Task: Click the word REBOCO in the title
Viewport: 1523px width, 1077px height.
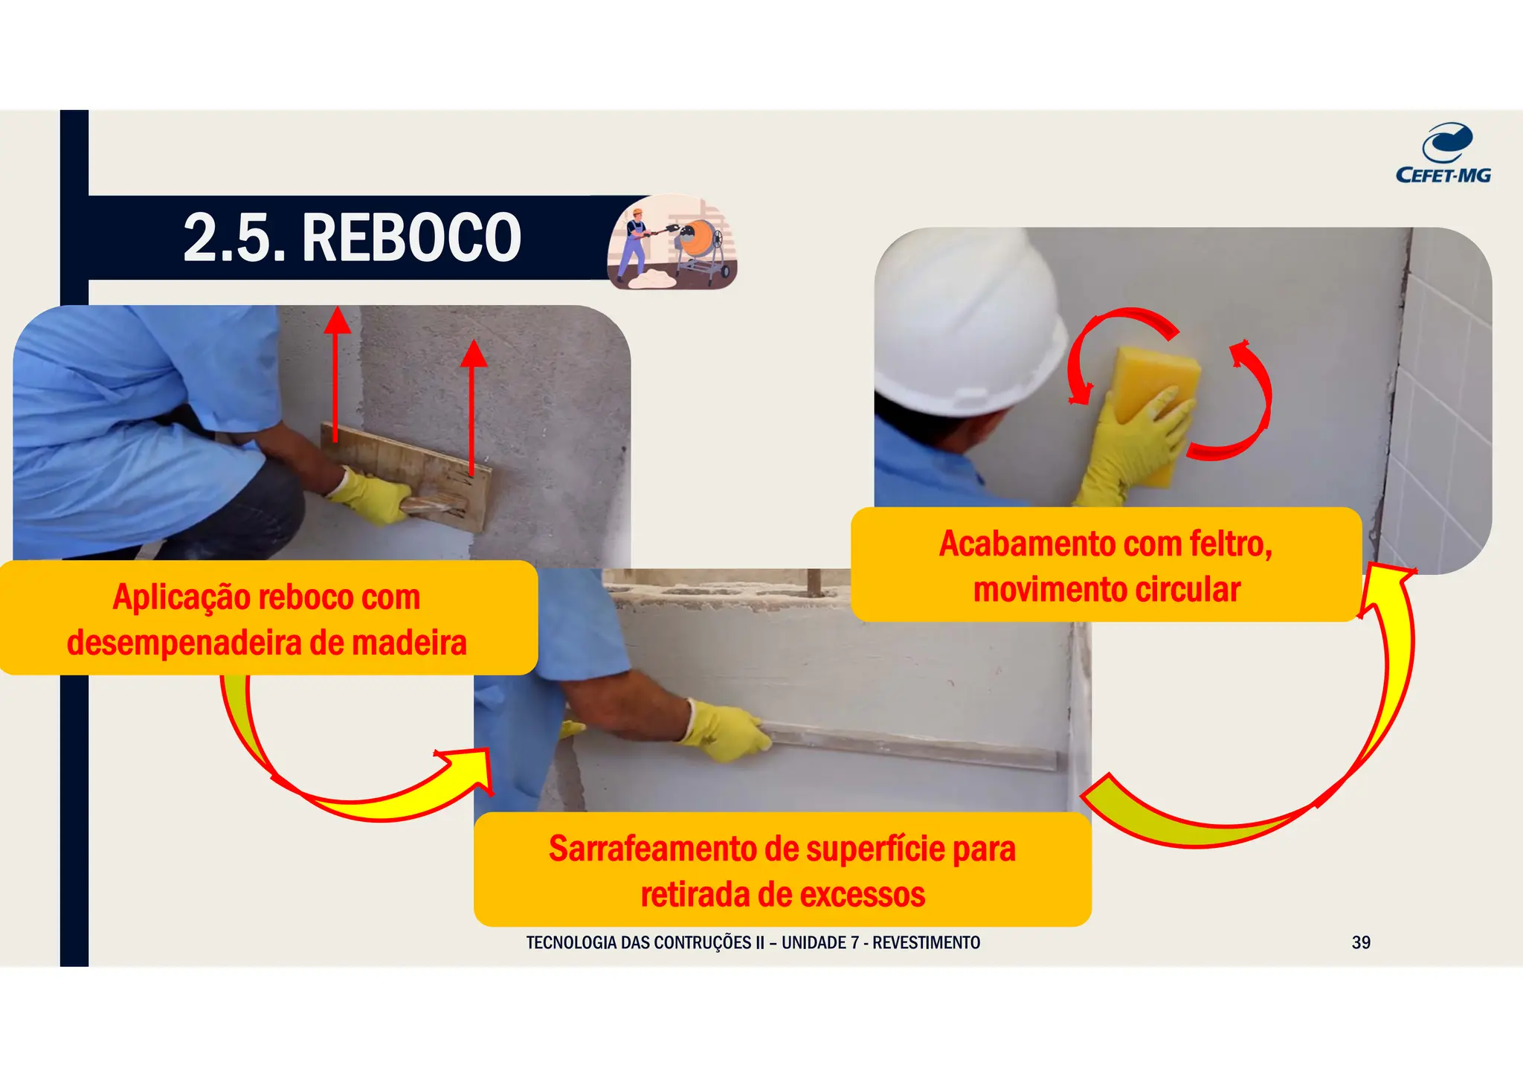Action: (x=411, y=238)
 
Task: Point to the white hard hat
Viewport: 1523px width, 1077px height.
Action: (x=967, y=327)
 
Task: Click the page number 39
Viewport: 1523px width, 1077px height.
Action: (x=1361, y=942)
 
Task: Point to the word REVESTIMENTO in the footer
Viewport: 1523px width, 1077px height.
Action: (x=926, y=942)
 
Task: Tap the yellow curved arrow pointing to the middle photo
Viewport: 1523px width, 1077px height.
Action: (x=357, y=788)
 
